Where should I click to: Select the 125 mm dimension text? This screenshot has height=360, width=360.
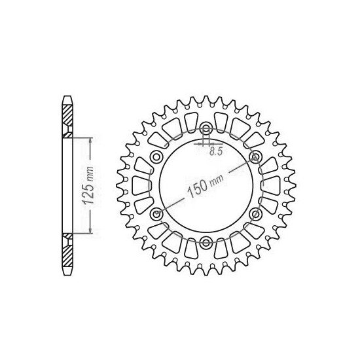[92, 184]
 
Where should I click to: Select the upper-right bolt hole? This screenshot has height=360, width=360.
[256, 156]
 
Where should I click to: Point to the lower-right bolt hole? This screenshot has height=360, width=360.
[256, 215]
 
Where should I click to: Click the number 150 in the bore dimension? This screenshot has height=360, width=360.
[197, 188]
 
